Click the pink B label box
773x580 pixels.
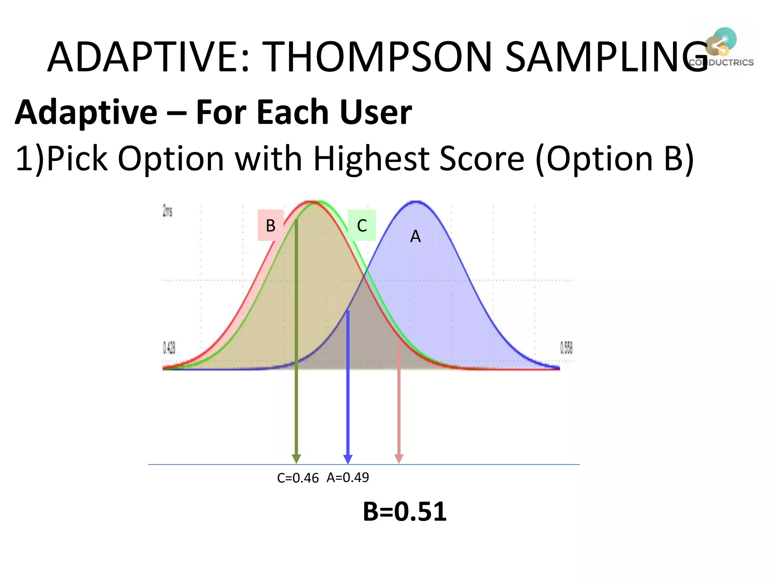(x=271, y=225)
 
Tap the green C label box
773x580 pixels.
(x=362, y=225)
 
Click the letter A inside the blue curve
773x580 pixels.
(x=415, y=237)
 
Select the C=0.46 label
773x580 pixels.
(x=298, y=478)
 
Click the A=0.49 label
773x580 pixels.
(x=348, y=478)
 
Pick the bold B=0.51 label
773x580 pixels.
(x=405, y=512)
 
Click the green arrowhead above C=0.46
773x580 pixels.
(x=296, y=459)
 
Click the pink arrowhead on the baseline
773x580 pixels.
(x=399, y=459)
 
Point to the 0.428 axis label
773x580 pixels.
(x=169, y=348)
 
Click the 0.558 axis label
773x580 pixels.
(x=566, y=348)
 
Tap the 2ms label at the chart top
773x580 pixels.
(x=167, y=211)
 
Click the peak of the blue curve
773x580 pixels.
(x=416, y=202)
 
